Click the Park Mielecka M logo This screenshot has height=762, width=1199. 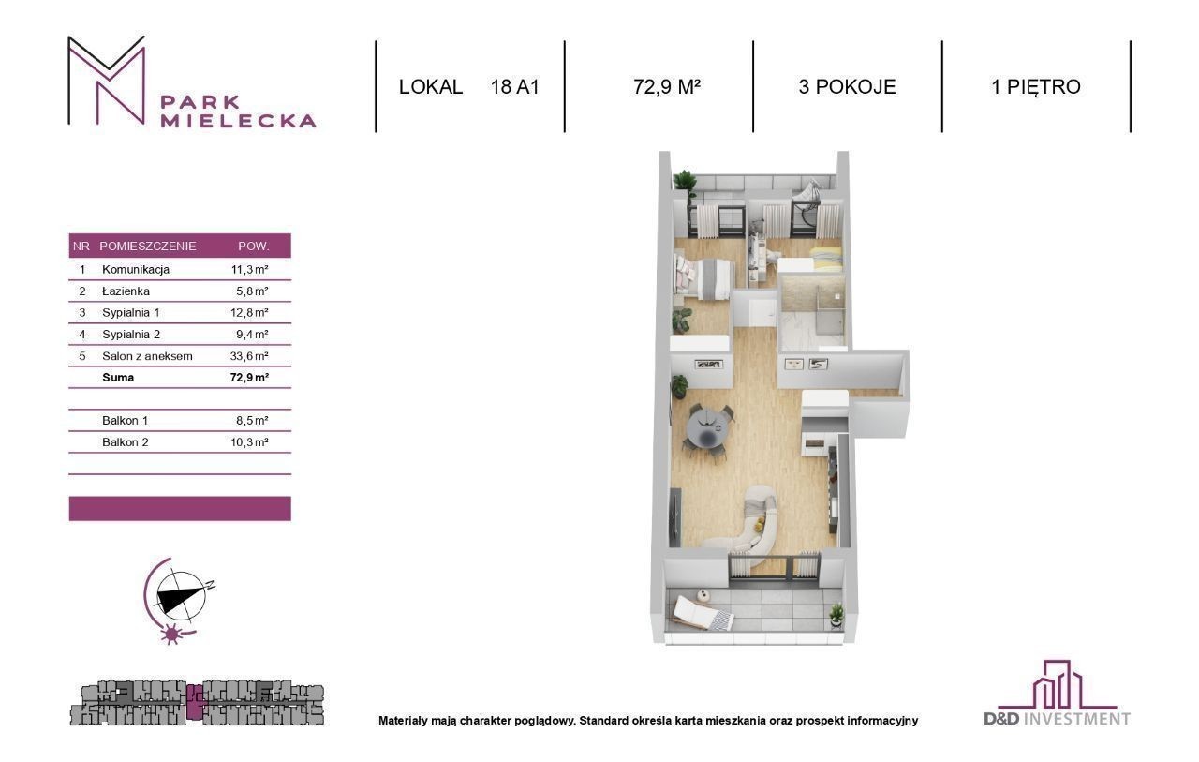click(x=107, y=81)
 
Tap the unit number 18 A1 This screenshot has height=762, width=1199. click(x=515, y=87)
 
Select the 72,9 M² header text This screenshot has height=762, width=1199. click(x=667, y=87)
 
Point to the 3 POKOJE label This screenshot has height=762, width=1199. click(x=847, y=87)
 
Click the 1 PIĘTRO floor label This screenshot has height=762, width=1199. click(x=1036, y=87)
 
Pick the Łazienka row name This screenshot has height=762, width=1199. click(x=126, y=291)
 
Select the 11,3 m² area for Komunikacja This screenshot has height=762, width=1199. click(x=249, y=269)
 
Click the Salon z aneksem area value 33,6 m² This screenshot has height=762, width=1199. click(x=249, y=356)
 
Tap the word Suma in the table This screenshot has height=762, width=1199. click(x=118, y=378)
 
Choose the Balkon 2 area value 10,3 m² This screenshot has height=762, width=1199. click(x=249, y=442)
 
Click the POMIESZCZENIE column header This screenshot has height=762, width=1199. click(x=148, y=247)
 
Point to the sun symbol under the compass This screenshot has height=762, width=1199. click(x=171, y=634)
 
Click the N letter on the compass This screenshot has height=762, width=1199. click(x=211, y=585)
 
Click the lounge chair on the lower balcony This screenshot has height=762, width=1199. click(x=703, y=614)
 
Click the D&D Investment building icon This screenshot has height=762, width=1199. click(x=1051, y=684)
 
